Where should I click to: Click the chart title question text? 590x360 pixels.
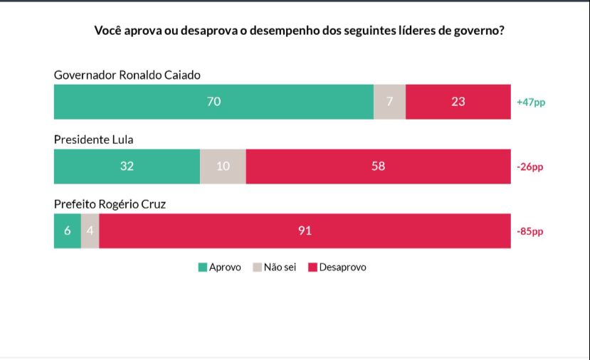(295, 31)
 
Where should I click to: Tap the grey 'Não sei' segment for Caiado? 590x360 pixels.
(389, 102)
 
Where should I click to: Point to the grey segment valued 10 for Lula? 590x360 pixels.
(223, 166)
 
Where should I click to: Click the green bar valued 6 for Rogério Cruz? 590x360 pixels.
(67, 231)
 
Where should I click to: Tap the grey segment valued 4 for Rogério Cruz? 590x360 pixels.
(90, 231)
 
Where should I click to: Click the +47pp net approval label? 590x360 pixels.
(531, 102)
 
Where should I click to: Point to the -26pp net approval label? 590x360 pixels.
(530, 166)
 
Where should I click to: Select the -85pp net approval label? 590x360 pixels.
(530, 231)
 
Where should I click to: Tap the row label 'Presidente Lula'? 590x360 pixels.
(93, 140)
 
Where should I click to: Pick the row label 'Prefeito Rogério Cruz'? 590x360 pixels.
(110, 204)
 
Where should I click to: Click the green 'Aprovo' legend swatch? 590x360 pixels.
(203, 268)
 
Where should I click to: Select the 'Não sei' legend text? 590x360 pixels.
(280, 268)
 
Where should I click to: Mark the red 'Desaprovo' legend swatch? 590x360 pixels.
(312, 268)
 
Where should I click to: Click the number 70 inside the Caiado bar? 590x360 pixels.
(214, 102)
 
